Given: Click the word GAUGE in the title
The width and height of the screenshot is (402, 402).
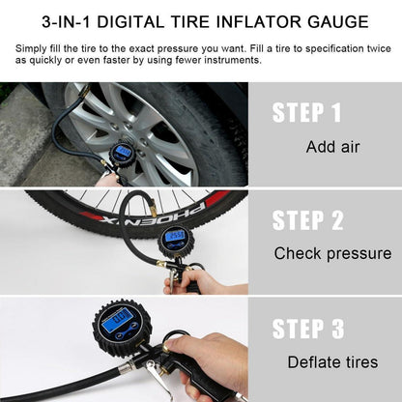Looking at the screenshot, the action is pos(338,22).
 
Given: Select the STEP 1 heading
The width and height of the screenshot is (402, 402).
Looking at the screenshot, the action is pos(306,112).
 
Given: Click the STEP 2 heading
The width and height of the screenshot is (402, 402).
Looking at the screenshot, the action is pos(308,220).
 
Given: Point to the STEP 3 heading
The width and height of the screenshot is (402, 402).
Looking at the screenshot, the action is pos(308,329).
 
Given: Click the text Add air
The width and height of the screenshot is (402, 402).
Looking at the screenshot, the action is pos(332,147).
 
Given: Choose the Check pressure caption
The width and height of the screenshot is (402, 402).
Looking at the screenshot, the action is pos(332,253).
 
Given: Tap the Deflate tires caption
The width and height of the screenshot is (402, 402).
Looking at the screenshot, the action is pos(332,362).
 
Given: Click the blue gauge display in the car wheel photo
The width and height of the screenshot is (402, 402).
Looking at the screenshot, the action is pos(124,151).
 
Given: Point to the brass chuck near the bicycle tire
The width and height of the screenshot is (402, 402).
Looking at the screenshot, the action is pos(154,209).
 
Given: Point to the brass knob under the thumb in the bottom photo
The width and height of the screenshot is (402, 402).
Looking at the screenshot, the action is pos(168,348).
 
